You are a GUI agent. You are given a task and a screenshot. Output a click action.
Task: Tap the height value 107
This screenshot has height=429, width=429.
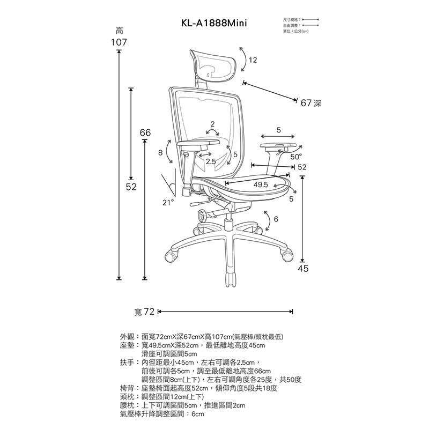[119, 42]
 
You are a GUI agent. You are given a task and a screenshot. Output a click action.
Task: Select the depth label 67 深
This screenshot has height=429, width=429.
[311, 102]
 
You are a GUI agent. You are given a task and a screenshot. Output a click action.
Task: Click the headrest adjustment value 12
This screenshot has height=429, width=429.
[253, 61]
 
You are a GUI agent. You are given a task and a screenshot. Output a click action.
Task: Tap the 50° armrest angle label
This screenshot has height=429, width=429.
[296, 158]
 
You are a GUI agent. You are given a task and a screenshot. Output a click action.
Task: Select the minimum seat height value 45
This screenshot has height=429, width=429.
[303, 269]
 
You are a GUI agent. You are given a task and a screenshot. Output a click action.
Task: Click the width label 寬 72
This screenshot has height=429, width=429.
[144, 312]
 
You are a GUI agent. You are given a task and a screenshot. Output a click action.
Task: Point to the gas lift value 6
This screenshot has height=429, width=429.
[276, 219]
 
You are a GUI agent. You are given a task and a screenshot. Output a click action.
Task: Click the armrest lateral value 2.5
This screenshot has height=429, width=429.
[211, 161]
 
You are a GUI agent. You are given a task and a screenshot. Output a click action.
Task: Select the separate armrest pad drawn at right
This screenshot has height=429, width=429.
[278, 146]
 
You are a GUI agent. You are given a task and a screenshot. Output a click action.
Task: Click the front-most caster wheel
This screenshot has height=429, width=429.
[231, 279]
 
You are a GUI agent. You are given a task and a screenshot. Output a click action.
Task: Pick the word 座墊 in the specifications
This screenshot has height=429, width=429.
[128, 346]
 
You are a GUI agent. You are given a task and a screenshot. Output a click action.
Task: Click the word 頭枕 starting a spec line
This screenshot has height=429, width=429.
[128, 397]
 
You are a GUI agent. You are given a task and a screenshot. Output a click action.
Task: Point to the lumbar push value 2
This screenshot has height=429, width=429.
[213, 124]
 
